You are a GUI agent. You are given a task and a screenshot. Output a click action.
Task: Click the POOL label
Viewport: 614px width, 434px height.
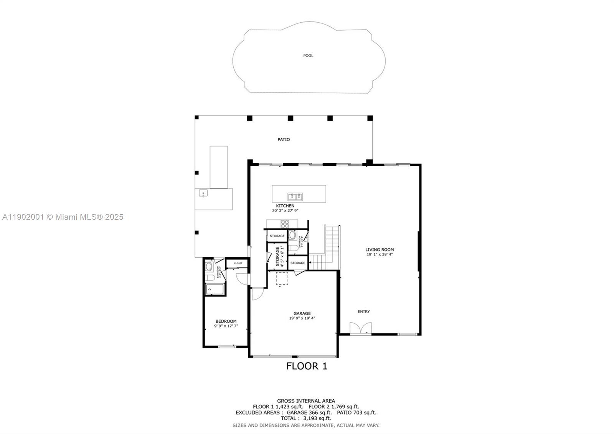click(x=308, y=56)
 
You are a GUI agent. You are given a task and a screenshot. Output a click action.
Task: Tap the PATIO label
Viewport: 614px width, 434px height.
click(x=284, y=139)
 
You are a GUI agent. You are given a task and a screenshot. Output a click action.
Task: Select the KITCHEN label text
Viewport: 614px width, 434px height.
click(x=285, y=206)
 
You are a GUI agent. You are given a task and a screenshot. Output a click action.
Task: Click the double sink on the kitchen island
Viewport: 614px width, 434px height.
click(x=295, y=197)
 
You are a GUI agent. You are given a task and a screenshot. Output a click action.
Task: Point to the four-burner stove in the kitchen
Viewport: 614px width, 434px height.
click(x=285, y=224)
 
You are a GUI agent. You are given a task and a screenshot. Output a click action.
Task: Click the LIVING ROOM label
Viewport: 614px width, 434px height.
click(x=379, y=250)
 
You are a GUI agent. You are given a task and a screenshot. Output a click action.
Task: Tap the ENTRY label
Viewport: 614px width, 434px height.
click(x=364, y=311)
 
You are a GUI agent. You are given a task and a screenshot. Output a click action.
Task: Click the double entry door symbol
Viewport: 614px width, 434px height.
click(x=361, y=329)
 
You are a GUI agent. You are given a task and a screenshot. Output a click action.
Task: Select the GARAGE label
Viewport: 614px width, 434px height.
click(x=302, y=313)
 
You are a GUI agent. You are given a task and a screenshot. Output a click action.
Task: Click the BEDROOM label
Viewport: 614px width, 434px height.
click(x=226, y=321)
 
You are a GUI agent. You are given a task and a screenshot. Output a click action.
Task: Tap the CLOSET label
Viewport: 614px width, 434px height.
click(x=238, y=263)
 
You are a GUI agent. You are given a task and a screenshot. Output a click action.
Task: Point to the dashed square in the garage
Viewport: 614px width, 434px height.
click(x=282, y=279)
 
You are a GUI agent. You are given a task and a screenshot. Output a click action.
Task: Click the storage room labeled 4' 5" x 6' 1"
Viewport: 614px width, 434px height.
click(x=277, y=256)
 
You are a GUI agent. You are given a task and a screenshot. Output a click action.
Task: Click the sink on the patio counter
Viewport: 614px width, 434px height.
click(x=203, y=194)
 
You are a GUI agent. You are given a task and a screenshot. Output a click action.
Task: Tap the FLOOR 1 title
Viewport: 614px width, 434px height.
click(x=307, y=366)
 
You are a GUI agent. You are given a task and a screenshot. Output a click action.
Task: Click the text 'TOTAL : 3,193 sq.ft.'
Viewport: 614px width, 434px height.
click(x=306, y=418)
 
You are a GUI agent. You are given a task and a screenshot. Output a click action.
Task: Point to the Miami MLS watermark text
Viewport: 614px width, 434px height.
click(x=63, y=217)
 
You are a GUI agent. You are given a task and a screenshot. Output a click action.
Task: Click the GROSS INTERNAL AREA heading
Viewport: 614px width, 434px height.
click(x=306, y=401)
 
